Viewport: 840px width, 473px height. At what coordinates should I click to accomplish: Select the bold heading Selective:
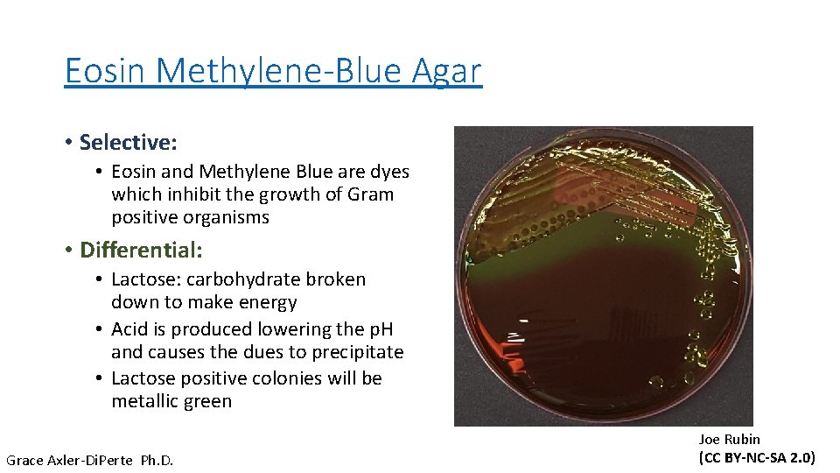click(x=128, y=142)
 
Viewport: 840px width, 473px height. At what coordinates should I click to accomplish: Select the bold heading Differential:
click(x=141, y=251)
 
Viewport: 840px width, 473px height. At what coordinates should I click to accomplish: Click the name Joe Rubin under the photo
click(x=729, y=439)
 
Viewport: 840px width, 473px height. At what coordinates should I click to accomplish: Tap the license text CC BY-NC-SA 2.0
click(x=757, y=457)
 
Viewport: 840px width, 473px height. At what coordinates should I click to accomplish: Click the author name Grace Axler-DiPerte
click(x=68, y=460)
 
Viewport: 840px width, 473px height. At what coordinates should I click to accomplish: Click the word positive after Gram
click(x=146, y=217)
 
